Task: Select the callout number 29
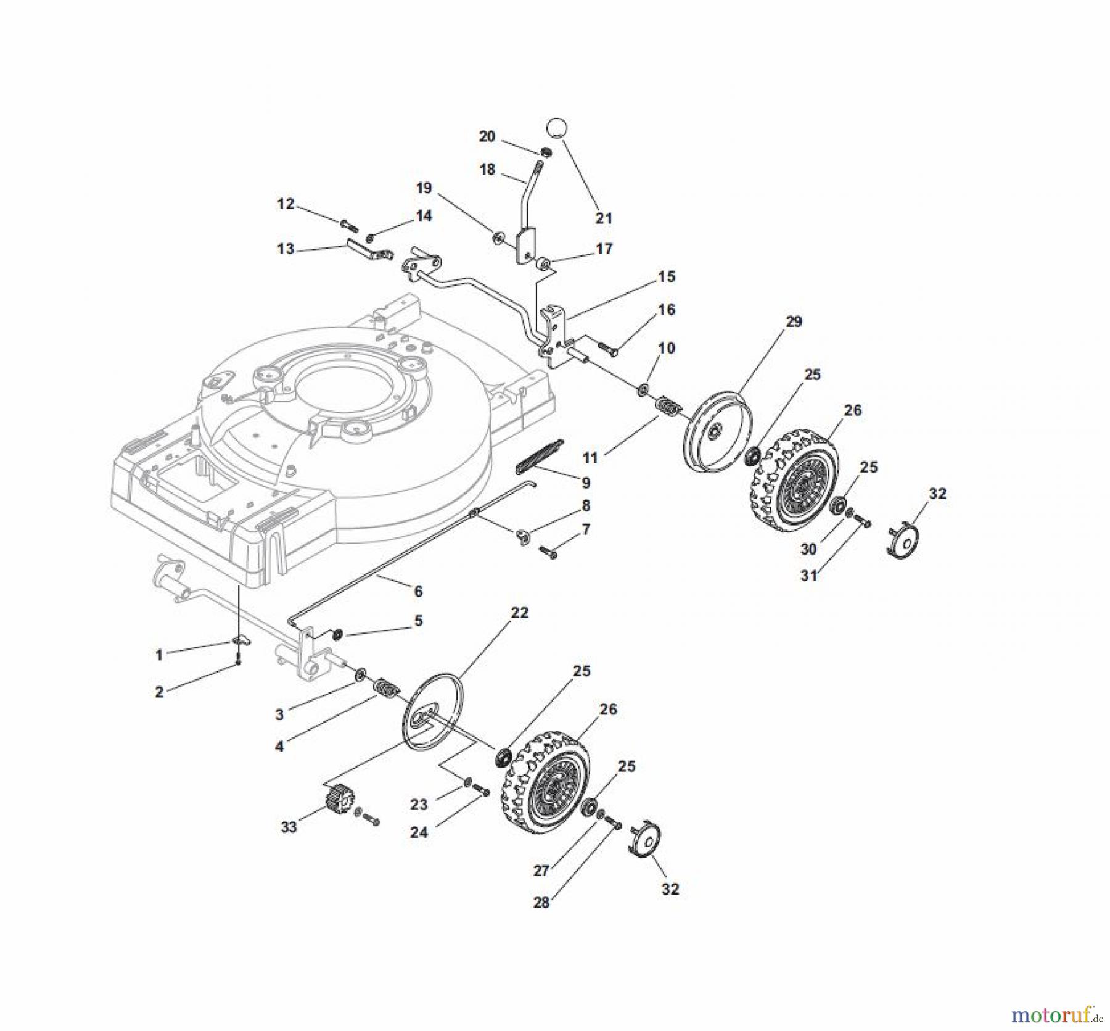794,321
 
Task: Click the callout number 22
519,612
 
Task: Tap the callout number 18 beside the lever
487,169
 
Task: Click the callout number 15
666,276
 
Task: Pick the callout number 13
286,249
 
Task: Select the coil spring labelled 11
668,407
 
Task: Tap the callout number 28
541,902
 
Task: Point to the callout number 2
159,692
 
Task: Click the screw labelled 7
548,552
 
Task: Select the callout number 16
666,309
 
